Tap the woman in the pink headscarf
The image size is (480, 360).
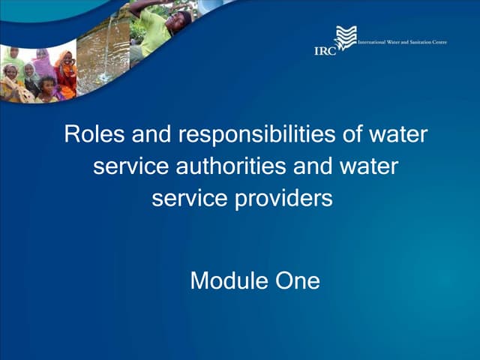(42, 64)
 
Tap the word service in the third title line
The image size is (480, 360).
(183, 199)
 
